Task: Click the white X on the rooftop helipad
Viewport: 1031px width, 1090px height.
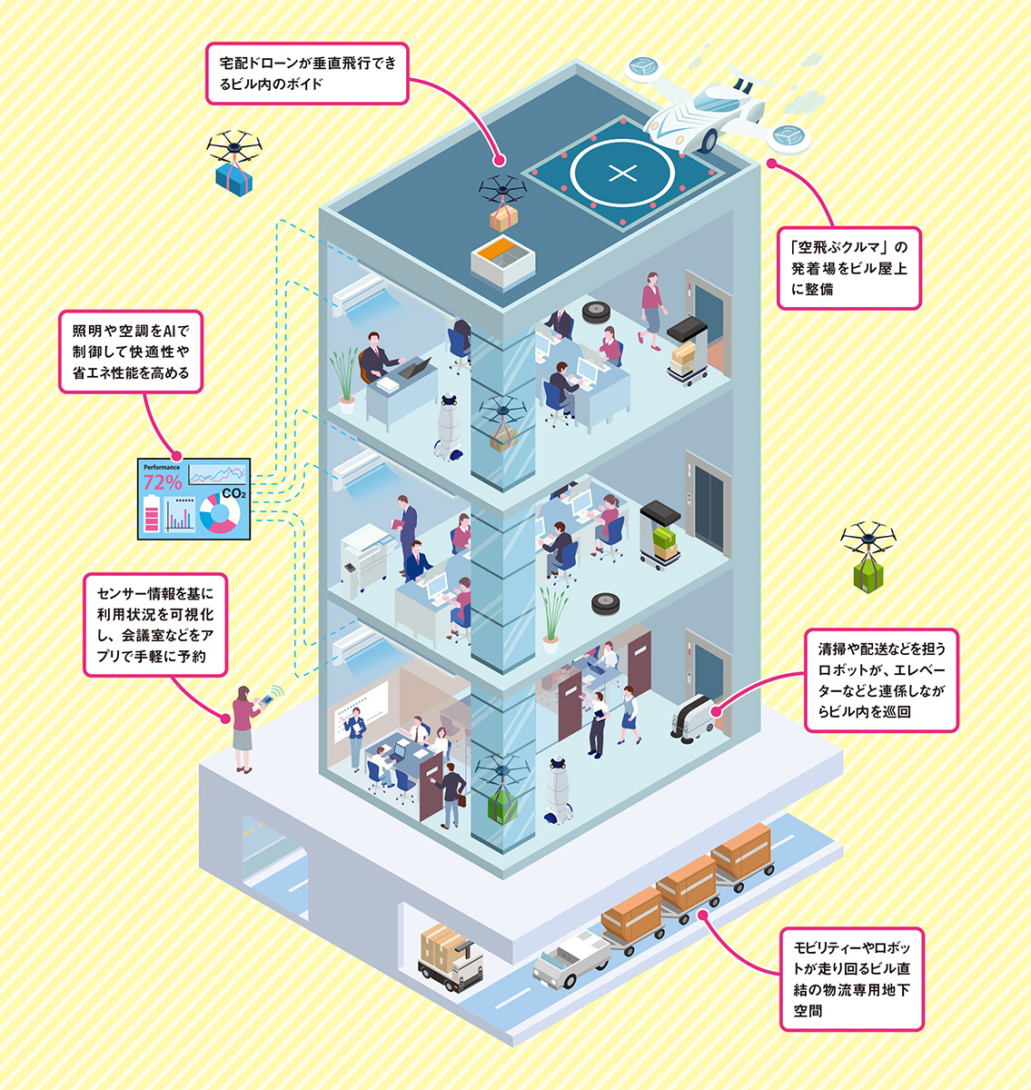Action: [622, 173]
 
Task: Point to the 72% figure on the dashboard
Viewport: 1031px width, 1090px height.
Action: [163, 482]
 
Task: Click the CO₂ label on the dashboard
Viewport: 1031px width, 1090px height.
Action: [233, 493]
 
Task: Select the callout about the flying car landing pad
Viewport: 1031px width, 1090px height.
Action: [849, 268]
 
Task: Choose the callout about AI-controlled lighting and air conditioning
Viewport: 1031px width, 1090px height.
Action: [131, 352]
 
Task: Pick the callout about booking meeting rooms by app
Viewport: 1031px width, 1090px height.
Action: [155, 624]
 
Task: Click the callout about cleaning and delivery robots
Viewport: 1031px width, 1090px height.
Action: [881, 680]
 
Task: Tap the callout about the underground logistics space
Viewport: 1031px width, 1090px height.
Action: [851, 978]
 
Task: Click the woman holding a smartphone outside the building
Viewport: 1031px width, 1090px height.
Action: [243, 727]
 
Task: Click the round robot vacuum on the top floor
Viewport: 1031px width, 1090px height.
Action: [596, 311]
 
